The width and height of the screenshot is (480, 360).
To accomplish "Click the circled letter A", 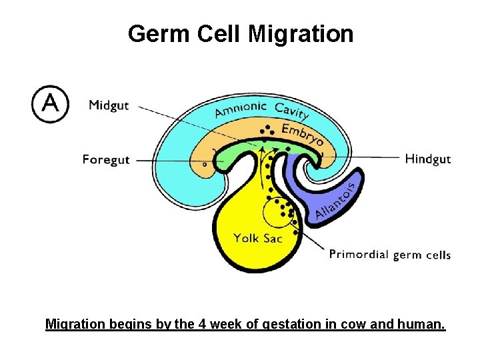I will pos(50,104).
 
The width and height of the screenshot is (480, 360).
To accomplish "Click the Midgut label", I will pos(109,105).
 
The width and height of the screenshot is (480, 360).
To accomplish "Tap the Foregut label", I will pos(106,160).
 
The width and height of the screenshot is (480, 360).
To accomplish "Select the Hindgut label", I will pos(428,159).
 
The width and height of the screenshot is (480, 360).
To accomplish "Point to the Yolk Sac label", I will pos(258,238).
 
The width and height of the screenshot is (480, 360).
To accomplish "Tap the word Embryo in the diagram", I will pos(303,133).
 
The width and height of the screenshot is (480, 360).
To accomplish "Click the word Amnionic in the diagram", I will pos(241,109).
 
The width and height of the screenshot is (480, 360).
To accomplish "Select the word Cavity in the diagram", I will pos(292,113).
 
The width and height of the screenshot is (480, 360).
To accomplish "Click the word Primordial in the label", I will pos(359,254).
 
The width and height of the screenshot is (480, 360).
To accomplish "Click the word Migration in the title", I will pos(301,33).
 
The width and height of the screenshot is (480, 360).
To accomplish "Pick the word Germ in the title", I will pos(157,33).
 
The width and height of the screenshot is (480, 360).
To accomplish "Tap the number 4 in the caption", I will pos(199,325).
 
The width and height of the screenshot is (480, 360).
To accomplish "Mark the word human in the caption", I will pos(421,325).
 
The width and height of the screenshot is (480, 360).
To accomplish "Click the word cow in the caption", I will pos(357,325).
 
